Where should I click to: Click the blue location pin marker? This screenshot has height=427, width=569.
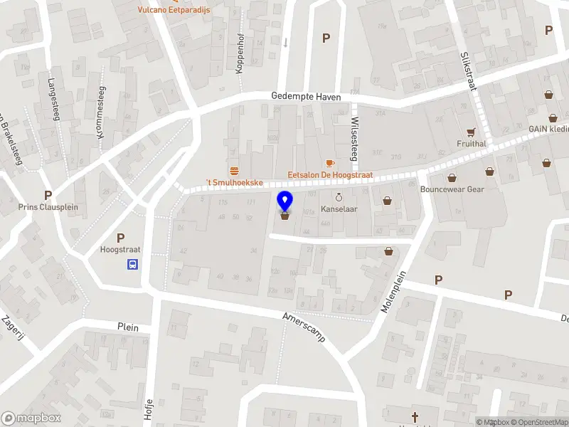click(284, 201)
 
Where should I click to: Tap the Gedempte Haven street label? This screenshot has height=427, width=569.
click(307, 97)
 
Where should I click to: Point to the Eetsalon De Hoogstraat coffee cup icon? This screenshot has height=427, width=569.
click(330, 163)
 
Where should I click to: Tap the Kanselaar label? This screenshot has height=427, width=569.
click(339, 210)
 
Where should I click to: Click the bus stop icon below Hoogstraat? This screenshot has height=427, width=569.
click(132, 265)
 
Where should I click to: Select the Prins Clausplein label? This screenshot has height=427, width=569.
click(48, 208)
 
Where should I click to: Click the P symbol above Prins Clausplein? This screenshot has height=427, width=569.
click(48, 195)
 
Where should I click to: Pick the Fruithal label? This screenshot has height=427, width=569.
click(472, 143)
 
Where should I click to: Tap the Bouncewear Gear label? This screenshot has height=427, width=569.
click(452, 189)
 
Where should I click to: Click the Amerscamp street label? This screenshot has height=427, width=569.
click(304, 327)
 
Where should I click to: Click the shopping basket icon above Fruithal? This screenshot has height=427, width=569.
click(471, 132)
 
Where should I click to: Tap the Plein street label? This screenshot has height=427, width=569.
click(128, 327)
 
